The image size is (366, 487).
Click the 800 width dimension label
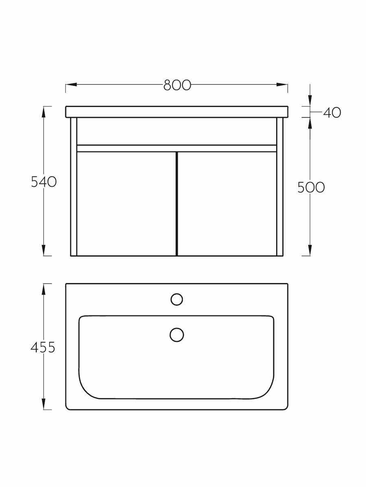click(x=177, y=85)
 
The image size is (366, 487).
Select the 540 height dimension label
click(x=44, y=182)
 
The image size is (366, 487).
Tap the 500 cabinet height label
click(x=311, y=187)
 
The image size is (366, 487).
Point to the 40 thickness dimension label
click(x=332, y=112)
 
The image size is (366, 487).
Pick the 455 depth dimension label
click(x=43, y=347)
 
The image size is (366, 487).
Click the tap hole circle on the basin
click(x=176, y=299)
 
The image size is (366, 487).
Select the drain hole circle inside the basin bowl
click(x=176, y=335)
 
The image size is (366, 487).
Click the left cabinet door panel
click(x=126, y=204)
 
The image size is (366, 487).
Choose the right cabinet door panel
click(x=227, y=204)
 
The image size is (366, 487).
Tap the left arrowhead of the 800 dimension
click(x=71, y=84)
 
